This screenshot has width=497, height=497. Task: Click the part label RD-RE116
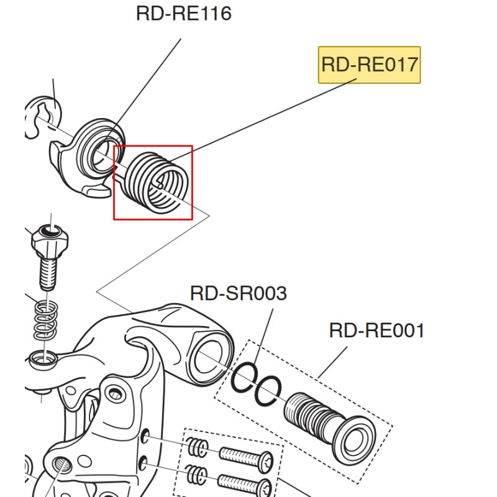[x=183, y=13]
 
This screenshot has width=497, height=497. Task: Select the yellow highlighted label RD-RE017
[x=369, y=64]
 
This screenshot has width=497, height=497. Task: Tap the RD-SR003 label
[x=238, y=293]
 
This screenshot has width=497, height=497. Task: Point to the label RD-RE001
[x=376, y=330]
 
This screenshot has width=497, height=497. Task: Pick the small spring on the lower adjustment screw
[x=196, y=475]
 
